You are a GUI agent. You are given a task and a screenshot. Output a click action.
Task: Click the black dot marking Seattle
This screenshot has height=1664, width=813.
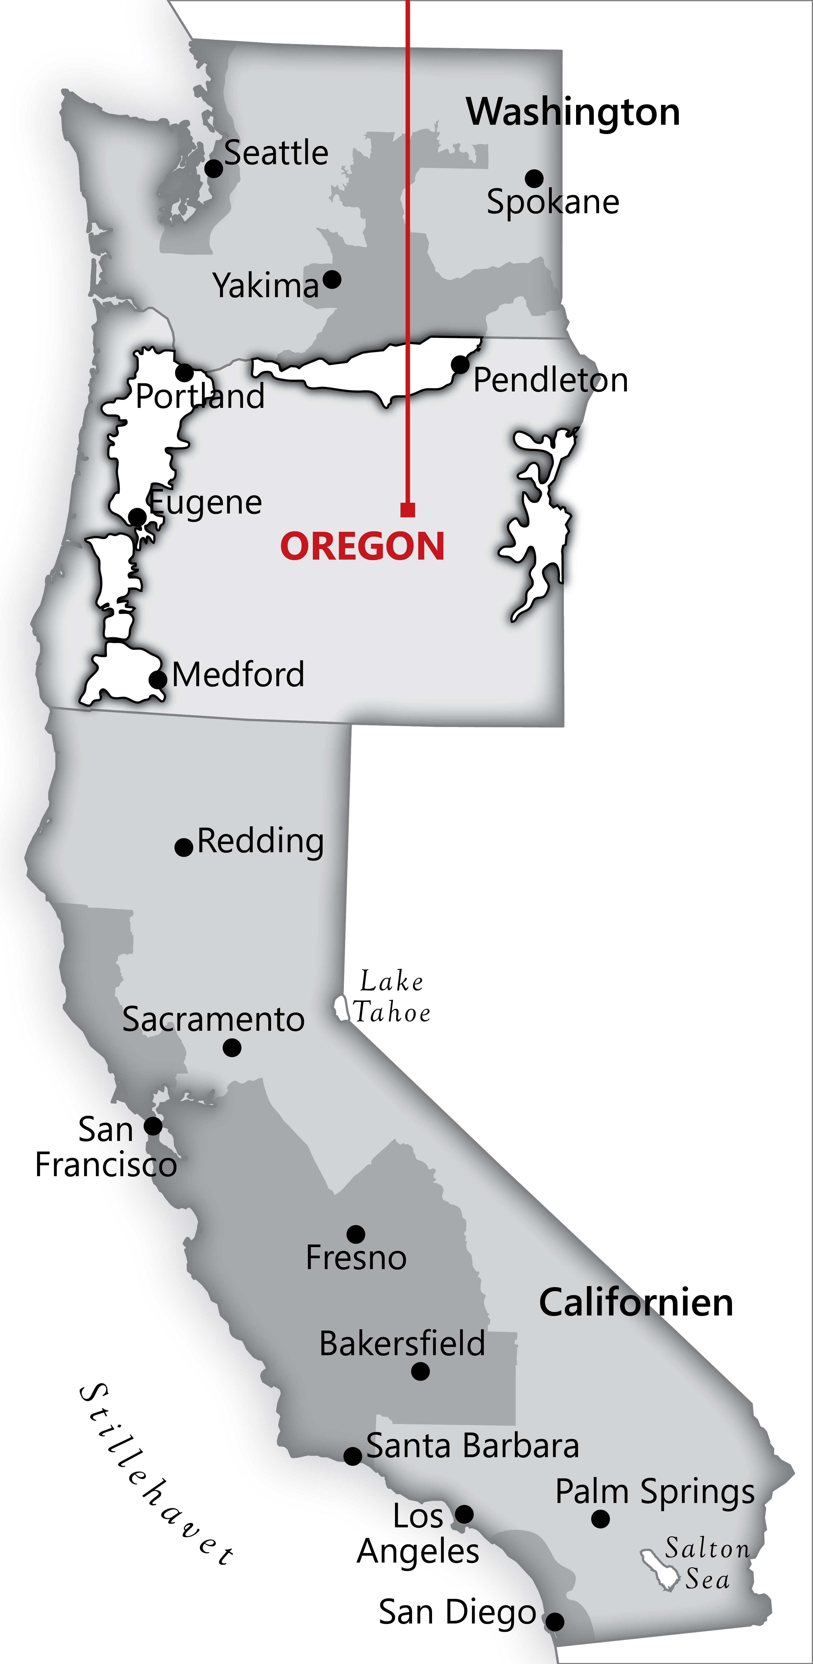pos(214,169)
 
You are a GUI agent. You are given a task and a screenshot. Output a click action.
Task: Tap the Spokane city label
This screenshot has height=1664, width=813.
pos(553,202)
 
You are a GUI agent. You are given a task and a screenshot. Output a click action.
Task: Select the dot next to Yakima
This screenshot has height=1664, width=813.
pos(332,280)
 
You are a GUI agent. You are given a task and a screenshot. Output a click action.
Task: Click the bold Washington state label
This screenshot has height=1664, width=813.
pos(573,112)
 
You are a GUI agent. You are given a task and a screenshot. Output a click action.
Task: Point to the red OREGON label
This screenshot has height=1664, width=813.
pos(362,546)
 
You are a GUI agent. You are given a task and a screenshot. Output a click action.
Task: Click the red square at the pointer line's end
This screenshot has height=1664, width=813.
pos(407,510)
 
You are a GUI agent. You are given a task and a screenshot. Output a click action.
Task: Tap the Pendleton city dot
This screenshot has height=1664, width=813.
pos(460,364)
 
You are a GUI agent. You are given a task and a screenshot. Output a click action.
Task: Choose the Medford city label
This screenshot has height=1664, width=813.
pos(238,675)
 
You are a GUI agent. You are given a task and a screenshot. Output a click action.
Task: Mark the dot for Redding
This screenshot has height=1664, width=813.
pos(184,847)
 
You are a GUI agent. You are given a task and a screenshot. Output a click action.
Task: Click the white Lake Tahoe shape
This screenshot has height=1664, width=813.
pos(340,1008)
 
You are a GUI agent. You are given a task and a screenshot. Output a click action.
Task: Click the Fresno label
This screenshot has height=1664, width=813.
pos(356,1258)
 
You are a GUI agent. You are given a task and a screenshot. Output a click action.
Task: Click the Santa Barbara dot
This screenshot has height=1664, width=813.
pos(353,1456)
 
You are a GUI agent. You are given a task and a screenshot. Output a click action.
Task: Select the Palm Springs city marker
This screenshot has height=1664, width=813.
pos(600,1519)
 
